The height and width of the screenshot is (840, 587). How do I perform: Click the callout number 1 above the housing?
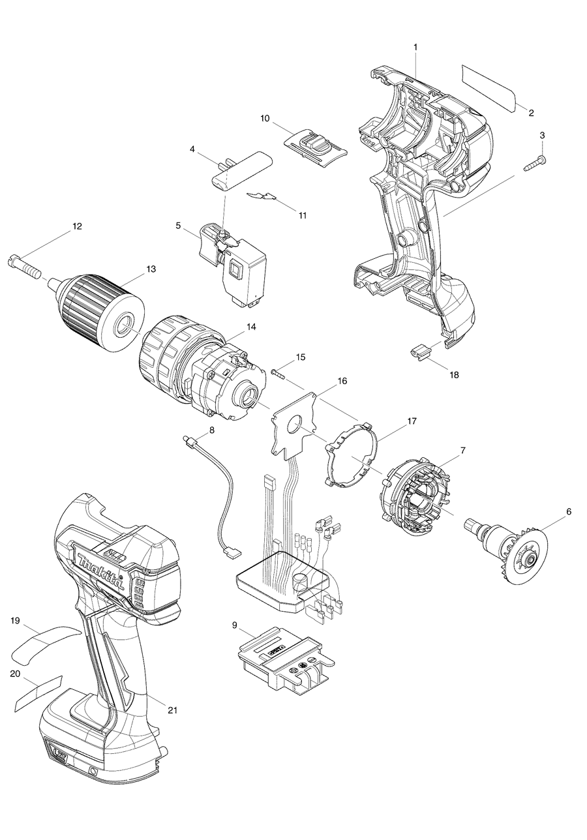416,47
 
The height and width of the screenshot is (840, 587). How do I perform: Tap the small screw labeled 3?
534,162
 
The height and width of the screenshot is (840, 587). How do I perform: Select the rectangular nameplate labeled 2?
489,87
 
